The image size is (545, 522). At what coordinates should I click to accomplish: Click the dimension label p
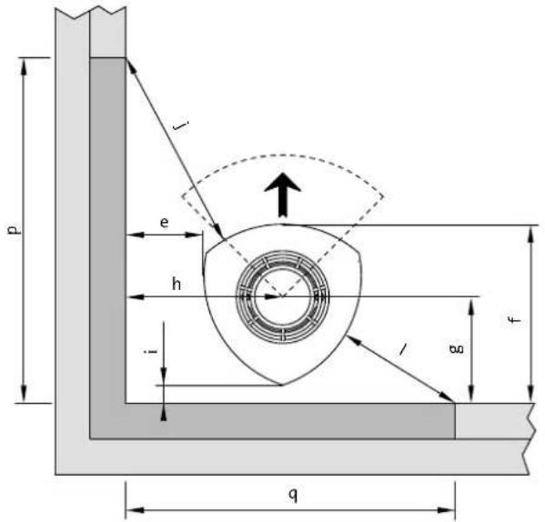(x=13, y=227)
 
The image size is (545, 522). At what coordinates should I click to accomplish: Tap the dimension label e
(x=164, y=221)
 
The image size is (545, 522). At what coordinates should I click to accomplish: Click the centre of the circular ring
(x=281, y=296)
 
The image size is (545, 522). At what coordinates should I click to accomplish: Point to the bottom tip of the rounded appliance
(x=281, y=384)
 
